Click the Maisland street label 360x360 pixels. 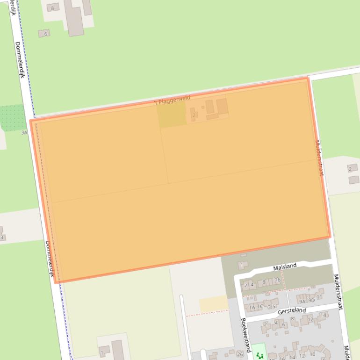click(285, 266)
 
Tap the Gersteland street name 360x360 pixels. click(292, 310)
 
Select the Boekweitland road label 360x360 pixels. click(246, 335)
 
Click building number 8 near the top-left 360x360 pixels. click(52, 8)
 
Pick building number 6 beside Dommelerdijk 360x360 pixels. click(45, 34)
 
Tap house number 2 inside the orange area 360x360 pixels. click(194, 115)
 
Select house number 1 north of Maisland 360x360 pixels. click(241, 265)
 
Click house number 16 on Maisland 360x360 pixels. click(277, 280)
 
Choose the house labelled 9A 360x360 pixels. click(302, 302)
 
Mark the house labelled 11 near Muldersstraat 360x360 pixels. click(320, 297)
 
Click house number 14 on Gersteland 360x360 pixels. click(323, 315)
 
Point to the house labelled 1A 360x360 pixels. click(252, 307)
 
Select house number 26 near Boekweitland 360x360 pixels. click(240, 354)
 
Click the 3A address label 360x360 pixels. click(24, 133)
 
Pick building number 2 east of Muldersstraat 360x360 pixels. click(350, 168)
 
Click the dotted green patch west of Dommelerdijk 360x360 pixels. click(12, 116)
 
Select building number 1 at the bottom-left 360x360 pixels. click(101, 353)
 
